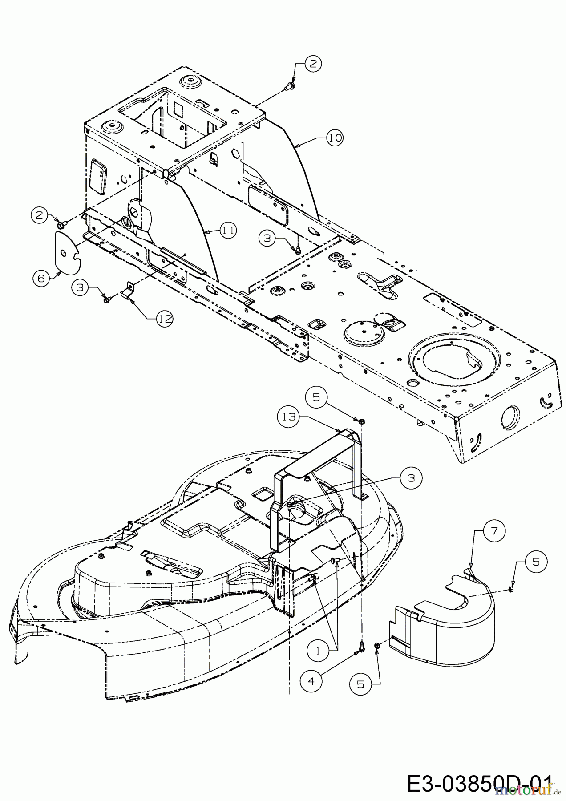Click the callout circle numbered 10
[335, 138]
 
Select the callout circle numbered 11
[228, 230]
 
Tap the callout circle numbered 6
[41, 279]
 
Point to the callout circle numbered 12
[164, 319]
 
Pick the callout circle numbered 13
[288, 417]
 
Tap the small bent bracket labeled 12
[129, 291]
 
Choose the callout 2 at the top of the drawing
[313, 63]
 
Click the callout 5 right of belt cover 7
[536, 562]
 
